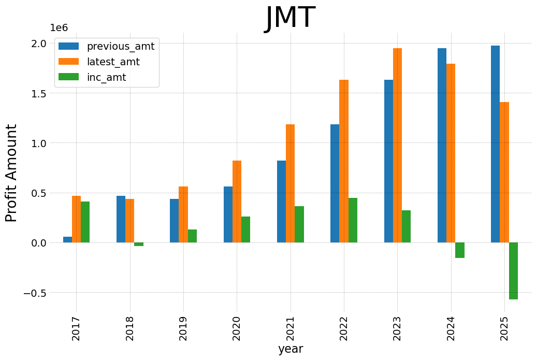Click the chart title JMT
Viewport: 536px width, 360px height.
point(290,18)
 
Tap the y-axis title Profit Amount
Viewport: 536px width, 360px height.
point(11,173)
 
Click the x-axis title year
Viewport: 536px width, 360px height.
point(290,349)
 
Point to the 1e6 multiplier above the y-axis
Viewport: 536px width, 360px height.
point(59,28)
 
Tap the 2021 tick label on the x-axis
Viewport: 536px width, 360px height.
point(290,328)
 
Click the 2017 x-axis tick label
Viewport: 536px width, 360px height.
point(76,328)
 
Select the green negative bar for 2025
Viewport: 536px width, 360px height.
point(513,271)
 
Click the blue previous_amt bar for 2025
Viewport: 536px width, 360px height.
point(495,144)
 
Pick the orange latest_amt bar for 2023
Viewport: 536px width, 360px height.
point(397,145)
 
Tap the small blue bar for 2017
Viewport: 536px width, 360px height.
point(67,240)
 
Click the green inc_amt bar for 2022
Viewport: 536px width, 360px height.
point(353,220)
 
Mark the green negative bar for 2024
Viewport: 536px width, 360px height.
point(459,250)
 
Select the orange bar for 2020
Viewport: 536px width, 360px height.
point(237,201)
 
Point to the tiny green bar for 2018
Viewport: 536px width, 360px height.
point(139,244)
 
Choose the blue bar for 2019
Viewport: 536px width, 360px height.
point(174,221)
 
